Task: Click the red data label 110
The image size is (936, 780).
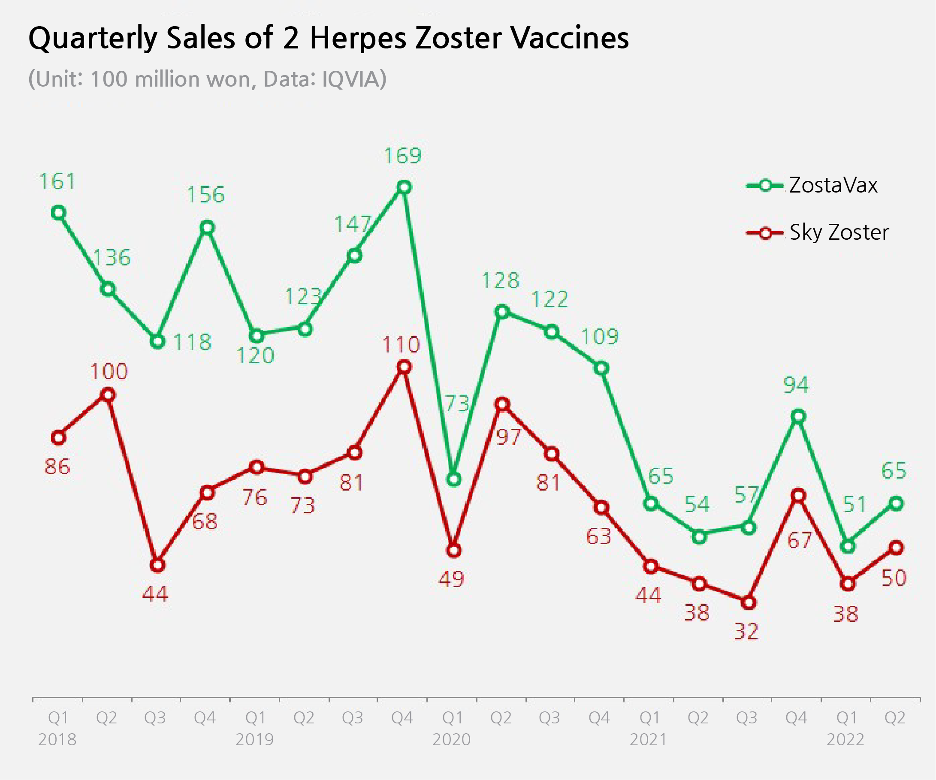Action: [x=401, y=345]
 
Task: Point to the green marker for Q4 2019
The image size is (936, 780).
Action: [x=404, y=187]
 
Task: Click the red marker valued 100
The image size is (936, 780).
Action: [x=108, y=395]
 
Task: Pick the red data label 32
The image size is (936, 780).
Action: [x=746, y=632]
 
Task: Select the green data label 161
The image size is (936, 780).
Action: [x=57, y=182]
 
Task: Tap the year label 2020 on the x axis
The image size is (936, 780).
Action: [x=452, y=740]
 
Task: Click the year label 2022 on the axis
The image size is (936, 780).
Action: [x=845, y=740]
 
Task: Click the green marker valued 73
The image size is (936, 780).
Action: [x=453, y=480]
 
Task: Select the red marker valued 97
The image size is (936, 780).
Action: [x=502, y=404]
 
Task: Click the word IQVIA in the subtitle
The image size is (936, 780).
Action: [x=352, y=79]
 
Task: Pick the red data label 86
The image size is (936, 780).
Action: [x=57, y=467]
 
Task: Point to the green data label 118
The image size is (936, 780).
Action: [x=192, y=343]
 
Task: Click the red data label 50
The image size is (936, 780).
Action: [x=894, y=578]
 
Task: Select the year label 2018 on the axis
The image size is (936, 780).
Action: [x=57, y=740]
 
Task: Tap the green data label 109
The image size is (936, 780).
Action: [x=600, y=337]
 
